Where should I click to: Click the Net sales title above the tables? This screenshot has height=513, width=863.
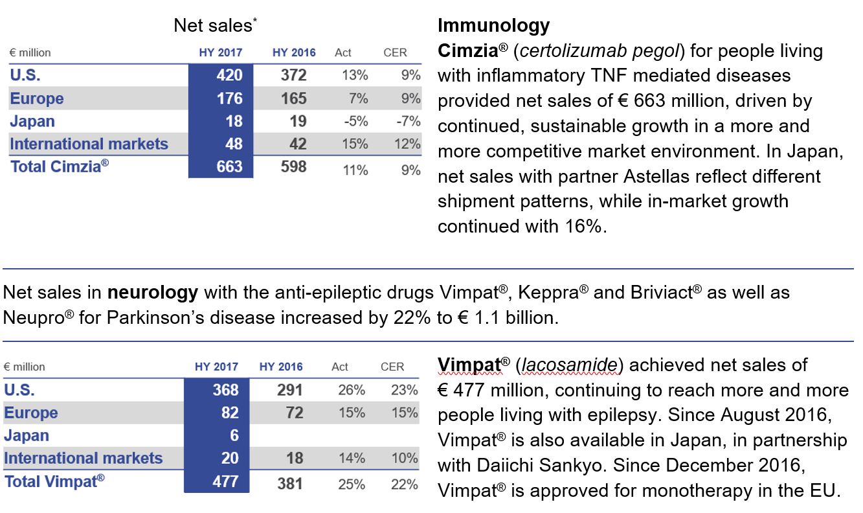click(215, 25)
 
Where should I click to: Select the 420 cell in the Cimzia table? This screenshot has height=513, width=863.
click(229, 74)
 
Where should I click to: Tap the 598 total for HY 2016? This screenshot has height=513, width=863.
click(293, 166)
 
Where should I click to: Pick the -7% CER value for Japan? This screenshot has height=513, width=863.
click(409, 121)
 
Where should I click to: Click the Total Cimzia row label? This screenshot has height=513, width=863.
click(60, 166)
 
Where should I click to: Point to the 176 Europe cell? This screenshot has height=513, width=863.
click(230, 98)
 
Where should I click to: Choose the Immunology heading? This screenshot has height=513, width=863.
click(493, 25)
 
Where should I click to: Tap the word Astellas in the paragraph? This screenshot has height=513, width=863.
click(656, 177)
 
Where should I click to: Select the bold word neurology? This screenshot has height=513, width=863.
click(153, 293)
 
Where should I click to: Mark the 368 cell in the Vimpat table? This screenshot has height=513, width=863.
click(225, 390)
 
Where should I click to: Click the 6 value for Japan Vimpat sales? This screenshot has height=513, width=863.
click(234, 435)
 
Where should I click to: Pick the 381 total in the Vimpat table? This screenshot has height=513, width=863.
click(290, 484)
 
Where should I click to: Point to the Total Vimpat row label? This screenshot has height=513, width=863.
click(54, 481)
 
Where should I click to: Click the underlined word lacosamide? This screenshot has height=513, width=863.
click(570, 365)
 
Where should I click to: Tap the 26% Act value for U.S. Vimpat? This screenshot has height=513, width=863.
click(352, 390)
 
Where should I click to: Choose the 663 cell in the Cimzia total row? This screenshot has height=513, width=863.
click(229, 166)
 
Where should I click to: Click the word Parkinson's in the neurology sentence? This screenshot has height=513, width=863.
click(155, 318)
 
